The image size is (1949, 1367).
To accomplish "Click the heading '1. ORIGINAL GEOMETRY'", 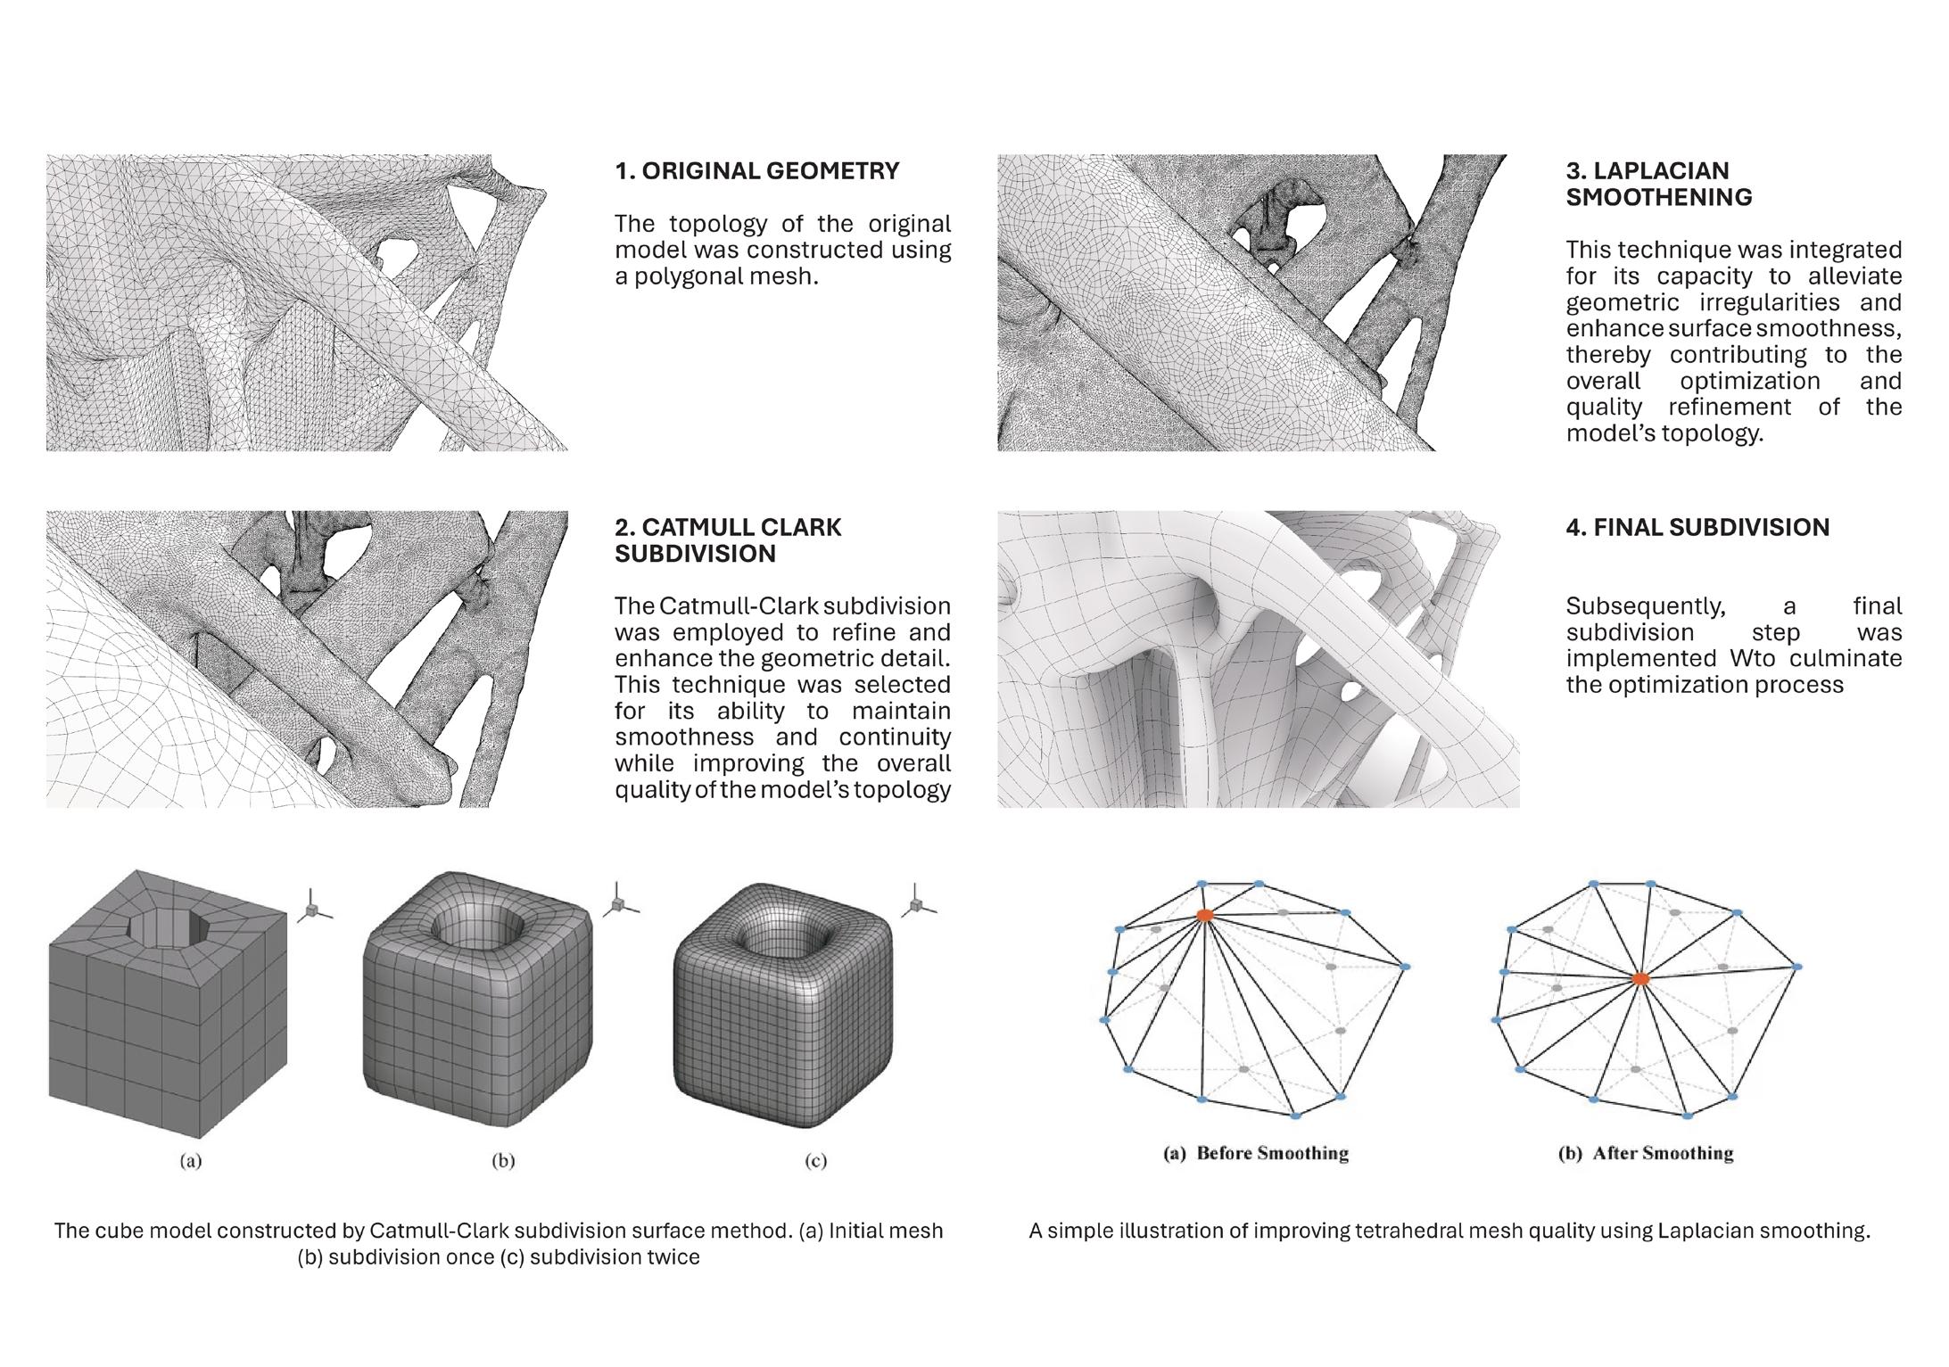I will coord(756,171).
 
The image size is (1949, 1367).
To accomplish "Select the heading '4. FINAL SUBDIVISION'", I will coord(1697,528).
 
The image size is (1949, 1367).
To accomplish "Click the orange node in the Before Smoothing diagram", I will coord(1204,915).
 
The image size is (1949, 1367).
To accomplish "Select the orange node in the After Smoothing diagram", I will coord(1639,979).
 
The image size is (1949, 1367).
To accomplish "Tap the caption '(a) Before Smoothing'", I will coord(1255,1154).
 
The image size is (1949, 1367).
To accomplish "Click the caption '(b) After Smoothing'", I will coord(1645,1154).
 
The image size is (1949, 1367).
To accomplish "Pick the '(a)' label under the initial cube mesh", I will coord(191,1161).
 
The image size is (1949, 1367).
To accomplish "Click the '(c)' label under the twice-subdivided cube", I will coord(815,1161).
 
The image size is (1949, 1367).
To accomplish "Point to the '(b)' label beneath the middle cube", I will coord(503,1161).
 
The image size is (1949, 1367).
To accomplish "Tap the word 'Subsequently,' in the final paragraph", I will coord(1645,607).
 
